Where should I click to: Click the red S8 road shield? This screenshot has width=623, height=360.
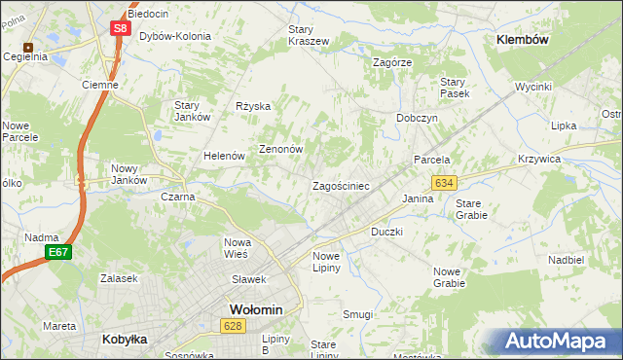click(x=120, y=28)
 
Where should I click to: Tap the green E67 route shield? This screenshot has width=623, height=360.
click(x=57, y=252)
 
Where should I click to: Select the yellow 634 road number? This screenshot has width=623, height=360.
click(x=445, y=182)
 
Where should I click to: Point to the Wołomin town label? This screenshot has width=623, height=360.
click(x=255, y=309)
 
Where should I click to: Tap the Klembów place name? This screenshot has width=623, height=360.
click(x=523, y=40)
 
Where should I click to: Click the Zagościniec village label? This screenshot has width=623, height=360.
click(x=340, y=185)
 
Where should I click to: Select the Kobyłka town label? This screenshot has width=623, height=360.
click(x=125, y=340)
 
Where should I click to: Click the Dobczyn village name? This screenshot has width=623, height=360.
click(x=417, y=118)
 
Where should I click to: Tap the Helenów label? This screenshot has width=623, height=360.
click(x=223, y=156)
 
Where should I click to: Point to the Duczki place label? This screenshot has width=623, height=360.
click(x=386, y=233)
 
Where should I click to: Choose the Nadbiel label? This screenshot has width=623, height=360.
click(x=565, y=260)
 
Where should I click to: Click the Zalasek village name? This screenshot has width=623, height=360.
click(x=118, y=278)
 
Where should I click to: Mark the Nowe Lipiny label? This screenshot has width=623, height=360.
click(x=325, y=262)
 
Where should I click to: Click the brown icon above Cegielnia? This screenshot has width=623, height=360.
click(x=29, y=46)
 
